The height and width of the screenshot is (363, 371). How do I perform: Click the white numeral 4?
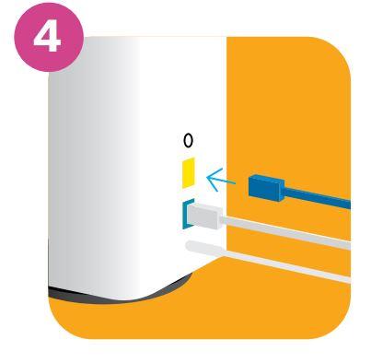coord(47,36)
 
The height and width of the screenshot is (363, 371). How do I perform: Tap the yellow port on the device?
coord(189,172)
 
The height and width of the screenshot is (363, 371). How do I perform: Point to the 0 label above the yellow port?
coord(188,141)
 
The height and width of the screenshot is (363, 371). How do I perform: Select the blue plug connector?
coord(266,188)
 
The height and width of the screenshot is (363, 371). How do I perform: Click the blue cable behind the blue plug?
coord(318,198)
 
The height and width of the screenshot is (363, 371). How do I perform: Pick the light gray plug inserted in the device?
coord(205,217)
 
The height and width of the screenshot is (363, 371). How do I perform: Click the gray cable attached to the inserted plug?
coord(286,232)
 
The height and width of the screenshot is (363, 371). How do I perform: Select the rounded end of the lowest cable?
coord(191,246)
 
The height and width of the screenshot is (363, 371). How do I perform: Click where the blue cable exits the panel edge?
coord(350,205)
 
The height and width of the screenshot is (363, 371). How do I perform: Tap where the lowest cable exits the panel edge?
coord(350,279)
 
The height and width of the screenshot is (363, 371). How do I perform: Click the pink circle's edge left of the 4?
coord(16,37)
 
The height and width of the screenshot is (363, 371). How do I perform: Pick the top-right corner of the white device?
coord(226,37)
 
